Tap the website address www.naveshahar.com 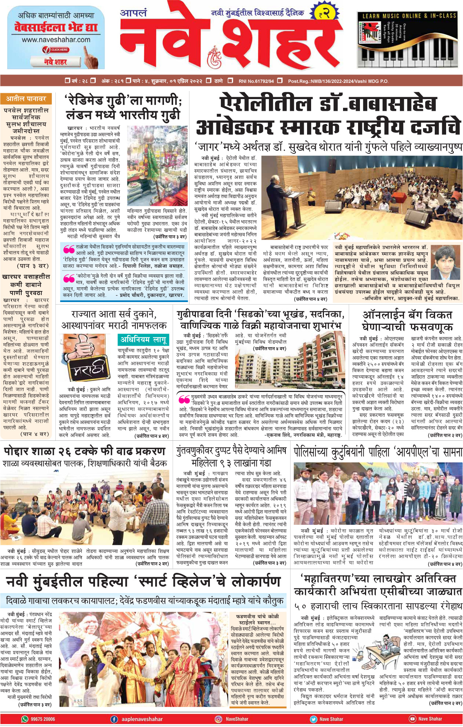56,40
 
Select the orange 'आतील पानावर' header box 26,99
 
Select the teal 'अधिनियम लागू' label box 144,339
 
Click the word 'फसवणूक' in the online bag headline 431,327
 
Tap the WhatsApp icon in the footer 25,719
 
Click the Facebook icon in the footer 114,719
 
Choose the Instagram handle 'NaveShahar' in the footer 237,719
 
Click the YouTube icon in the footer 412,719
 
